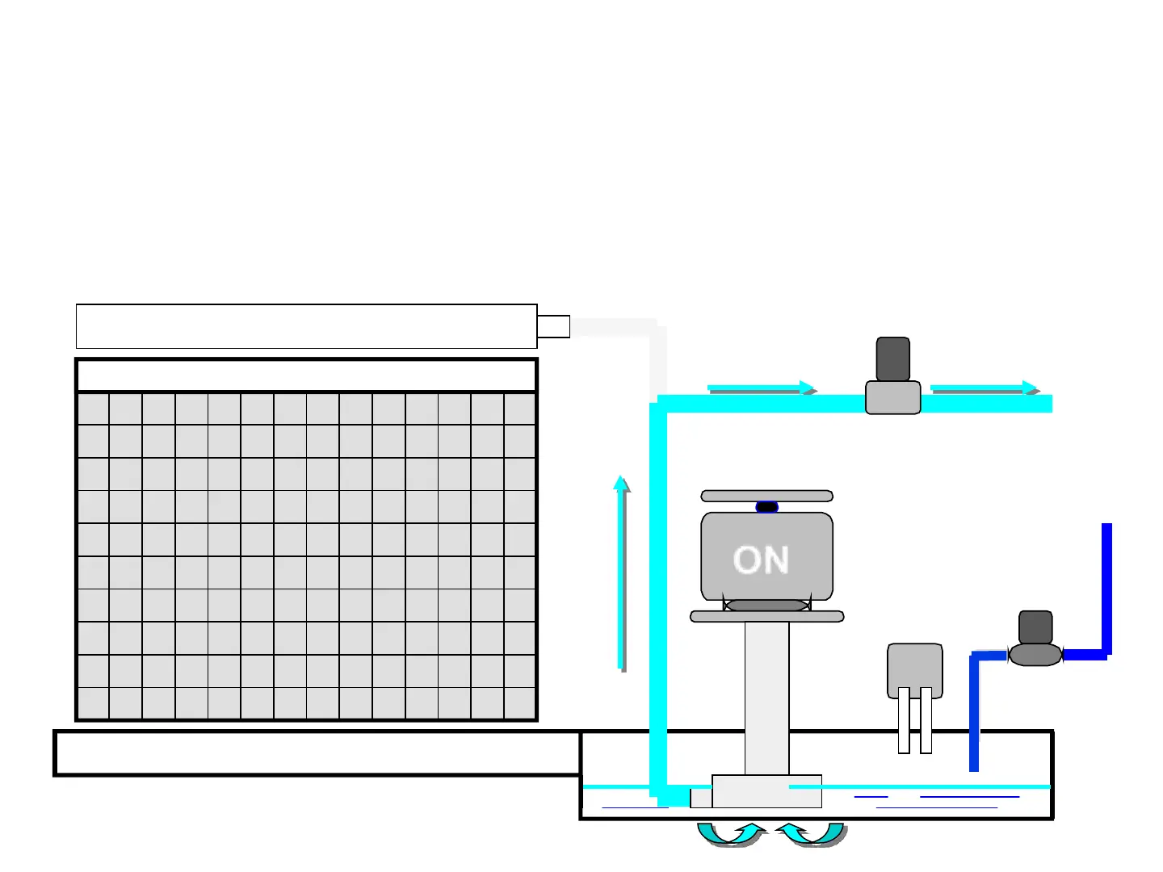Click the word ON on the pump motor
point(761,560)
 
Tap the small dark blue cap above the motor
point(766,507)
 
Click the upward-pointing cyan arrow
point(621,573)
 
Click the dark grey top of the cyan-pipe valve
point(893,359)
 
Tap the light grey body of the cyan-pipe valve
point(893,397)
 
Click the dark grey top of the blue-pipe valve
point(1035,627)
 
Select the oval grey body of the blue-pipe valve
point(1035,654)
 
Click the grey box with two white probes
point(915,669)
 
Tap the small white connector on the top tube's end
point(553,326)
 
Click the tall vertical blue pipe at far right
point(1106,585)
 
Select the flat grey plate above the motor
point(766,496)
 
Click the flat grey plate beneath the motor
point(766,616)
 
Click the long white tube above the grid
point(307,326)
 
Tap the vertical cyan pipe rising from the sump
point(658,597)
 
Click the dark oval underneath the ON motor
point(766,605)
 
